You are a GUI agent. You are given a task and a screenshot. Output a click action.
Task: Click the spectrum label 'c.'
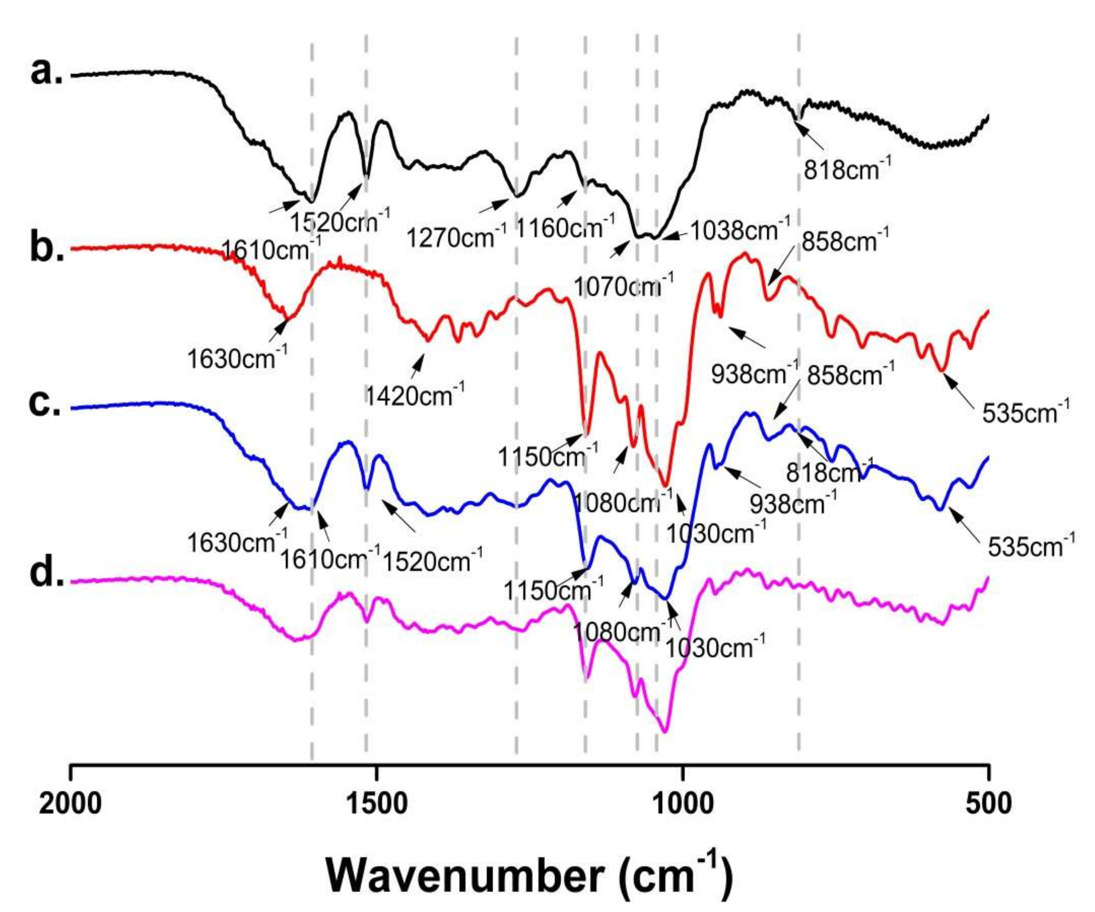(45, 405)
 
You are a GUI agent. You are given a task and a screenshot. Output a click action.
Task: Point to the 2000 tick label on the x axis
(70, 803)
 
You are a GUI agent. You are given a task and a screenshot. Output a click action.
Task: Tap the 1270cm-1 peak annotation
(456, 237)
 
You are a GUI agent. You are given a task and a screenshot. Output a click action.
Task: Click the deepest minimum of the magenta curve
(664, 732)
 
